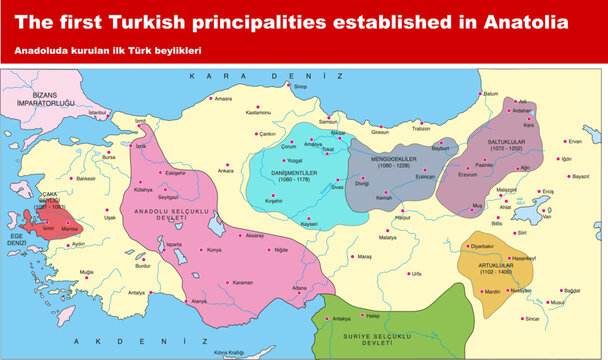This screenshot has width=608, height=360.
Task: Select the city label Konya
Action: [213, 249]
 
